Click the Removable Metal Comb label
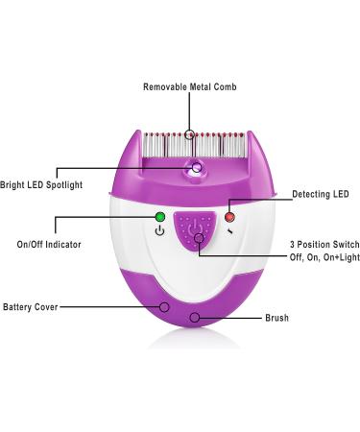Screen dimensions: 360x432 click(x=189, y=87)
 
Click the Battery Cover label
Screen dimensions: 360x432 click(x=30, y=308)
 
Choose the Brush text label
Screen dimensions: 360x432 click(x=276, y=318)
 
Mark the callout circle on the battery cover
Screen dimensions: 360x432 click(x=166, y=308)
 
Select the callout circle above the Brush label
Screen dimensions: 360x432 click(x=195, y=317)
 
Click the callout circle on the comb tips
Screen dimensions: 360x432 click(x=190, y=133)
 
